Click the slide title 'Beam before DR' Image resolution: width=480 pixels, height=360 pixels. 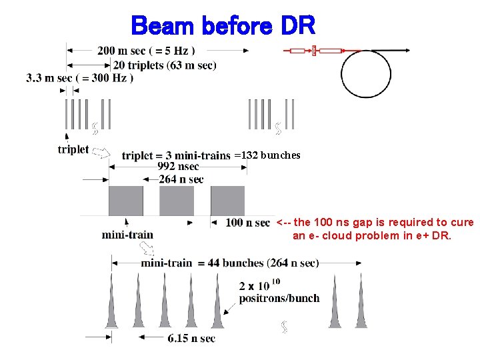223,27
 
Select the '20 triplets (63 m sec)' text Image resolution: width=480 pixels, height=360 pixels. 165,65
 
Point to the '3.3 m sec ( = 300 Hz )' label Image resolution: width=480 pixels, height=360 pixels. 80,78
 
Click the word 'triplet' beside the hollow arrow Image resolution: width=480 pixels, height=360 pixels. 73,149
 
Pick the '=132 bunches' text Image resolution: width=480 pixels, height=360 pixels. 267,155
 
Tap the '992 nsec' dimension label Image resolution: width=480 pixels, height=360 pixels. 178,167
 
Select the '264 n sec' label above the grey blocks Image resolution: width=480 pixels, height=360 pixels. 181,179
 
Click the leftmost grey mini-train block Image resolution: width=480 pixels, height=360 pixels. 126,201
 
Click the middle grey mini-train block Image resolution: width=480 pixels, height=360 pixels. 177,201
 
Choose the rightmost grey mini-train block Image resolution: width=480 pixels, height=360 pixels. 227,201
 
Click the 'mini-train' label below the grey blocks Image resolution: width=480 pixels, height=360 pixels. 127,235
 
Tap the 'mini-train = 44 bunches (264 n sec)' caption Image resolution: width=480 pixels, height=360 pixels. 230,263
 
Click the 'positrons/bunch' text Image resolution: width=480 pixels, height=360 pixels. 279,298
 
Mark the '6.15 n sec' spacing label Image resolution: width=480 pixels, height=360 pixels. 191,339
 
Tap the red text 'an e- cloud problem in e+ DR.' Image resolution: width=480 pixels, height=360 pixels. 372,235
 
